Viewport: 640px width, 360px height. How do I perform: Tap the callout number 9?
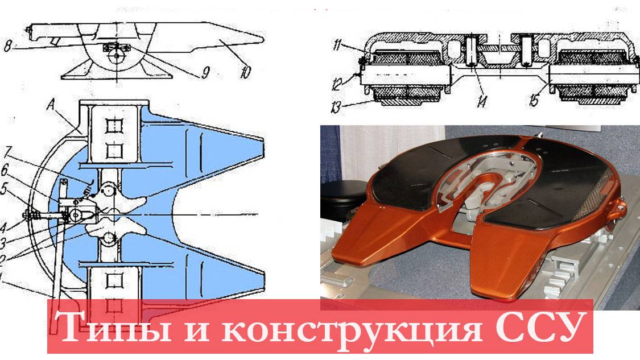[206, 73]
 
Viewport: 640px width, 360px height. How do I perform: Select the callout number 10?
[245, 72]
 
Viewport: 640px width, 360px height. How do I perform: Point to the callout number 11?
[337, 44]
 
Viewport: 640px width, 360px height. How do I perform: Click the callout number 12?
[337, 84]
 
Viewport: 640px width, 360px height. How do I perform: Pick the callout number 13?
[337, 107]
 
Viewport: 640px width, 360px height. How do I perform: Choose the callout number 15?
[534, 101]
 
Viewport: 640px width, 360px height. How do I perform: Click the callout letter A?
[51, 106]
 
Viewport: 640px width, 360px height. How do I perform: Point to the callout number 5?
[3, 189]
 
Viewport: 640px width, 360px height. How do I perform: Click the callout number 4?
[3, 226]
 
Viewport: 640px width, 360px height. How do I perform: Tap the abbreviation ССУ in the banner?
[540, 326]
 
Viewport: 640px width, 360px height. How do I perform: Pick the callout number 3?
[2, 243]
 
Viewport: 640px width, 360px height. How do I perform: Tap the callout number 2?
[2, 259]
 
